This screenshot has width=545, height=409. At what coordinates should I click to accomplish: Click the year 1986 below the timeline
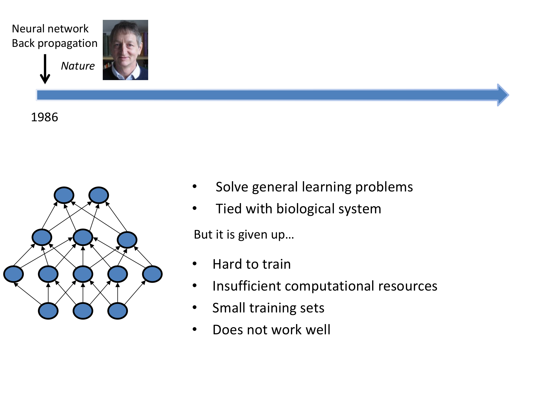pos(45,117)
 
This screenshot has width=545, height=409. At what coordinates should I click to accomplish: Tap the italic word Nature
pos(78,66)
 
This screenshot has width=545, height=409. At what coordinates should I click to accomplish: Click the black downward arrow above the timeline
pos(45,70)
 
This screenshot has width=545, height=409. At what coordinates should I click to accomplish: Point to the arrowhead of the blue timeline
pos(503,95)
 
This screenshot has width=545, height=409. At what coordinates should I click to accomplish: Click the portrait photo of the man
pos(125,50)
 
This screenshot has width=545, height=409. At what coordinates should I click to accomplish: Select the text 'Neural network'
pos(50,29)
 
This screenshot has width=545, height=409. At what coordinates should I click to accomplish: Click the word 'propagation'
pos(68,43)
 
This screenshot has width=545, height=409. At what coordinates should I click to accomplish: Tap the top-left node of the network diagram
pos(64,195)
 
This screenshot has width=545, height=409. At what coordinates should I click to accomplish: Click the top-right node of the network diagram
pos(98,195)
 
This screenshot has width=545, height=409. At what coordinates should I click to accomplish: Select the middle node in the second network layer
pos(83,237)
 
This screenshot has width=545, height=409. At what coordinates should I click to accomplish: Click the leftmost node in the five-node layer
pos(14,274)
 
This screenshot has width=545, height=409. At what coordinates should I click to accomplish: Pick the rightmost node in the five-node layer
pos(152,274)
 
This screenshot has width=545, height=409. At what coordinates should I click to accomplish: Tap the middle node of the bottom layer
pos(83,311)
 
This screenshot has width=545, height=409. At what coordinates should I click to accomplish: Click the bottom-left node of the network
pos(48,311)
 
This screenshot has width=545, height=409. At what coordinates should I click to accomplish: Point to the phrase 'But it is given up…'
pos(244,235)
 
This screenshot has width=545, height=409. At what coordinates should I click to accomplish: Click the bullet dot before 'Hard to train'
pos(195,264)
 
